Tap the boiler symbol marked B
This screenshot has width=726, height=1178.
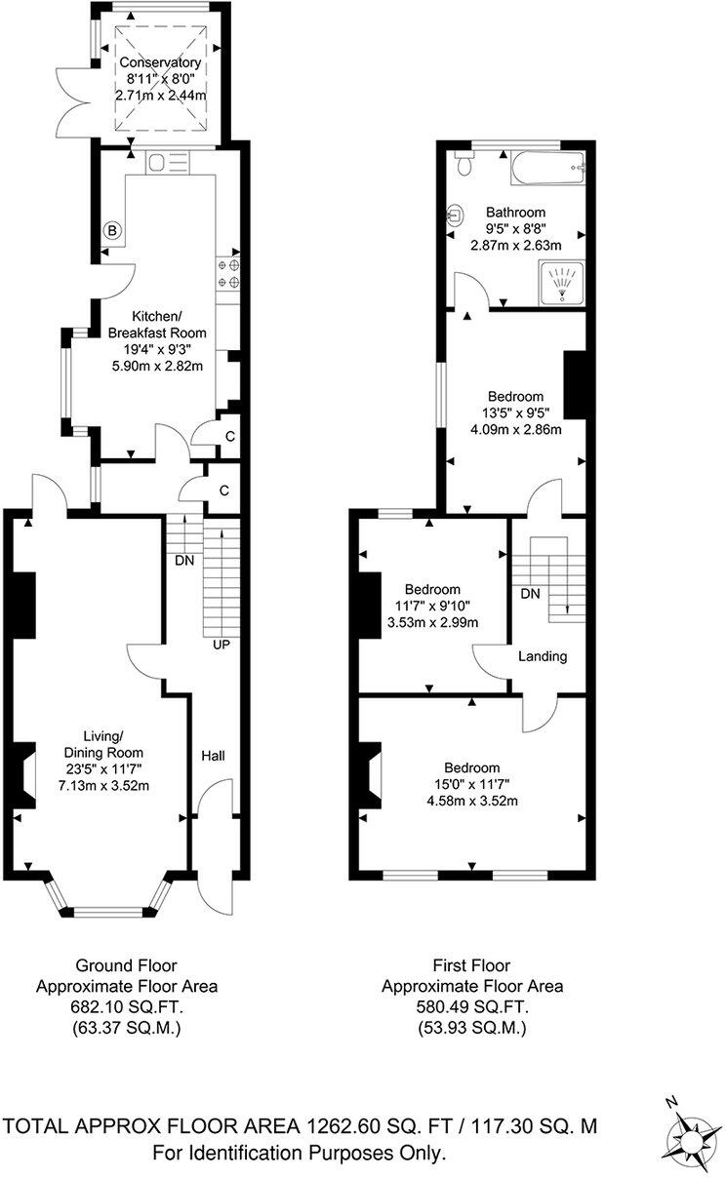click(x=112, y=231)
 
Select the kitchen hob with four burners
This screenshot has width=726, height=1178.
click(x=228, y=272)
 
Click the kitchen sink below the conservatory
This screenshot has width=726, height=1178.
click(x=158, y=162)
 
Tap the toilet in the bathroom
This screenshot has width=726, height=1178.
click(x=464, y=166)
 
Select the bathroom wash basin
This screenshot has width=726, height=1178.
click(x=455, y=214)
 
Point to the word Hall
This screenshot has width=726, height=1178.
click(x=214, y=756)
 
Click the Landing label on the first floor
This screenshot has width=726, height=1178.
click(x=543, y=656)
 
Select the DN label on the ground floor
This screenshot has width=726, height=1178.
click(x=182, y=562)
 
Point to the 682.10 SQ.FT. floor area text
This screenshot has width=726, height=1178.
click(x=127, y=1006)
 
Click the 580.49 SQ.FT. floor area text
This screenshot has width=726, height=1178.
click(x=472, y=1006)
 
